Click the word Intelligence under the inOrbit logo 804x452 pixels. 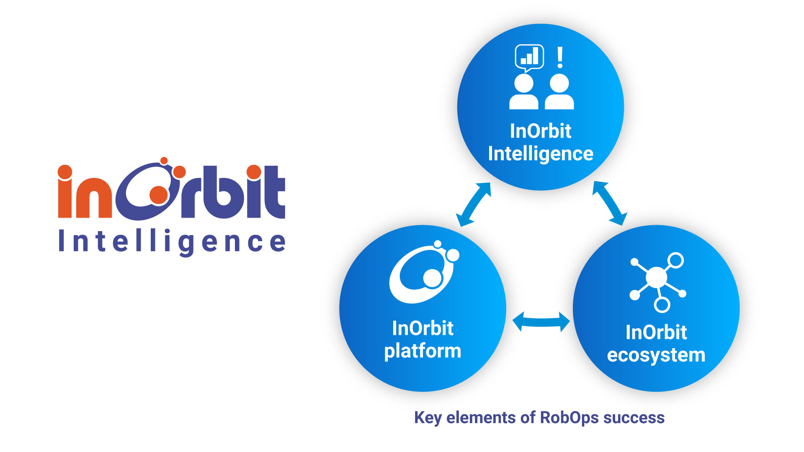pos(172,242)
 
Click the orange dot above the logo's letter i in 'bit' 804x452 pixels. pos(254,172)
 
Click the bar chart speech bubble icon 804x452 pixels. pos(529,57)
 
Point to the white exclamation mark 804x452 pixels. pos(560,57)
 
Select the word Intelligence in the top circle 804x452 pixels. pos(540,154)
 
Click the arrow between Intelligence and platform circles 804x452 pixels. pos(474,205)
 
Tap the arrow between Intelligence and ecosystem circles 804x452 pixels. pos(610,203)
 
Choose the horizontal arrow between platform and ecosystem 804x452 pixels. pos(541,322)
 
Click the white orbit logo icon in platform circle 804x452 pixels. pos(423,274)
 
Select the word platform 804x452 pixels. pos(423,351)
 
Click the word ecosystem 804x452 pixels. pos(656,355)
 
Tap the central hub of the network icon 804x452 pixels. pos(656,277)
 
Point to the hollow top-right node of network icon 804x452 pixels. pos(675,260)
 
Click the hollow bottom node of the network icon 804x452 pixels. pos(662,305)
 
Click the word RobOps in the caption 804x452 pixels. pos(569,418)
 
